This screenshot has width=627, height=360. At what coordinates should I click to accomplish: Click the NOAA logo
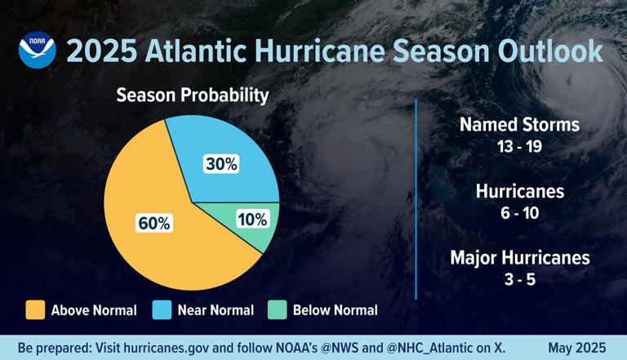[38, 50]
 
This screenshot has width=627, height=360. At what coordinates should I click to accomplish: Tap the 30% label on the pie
[220, 163]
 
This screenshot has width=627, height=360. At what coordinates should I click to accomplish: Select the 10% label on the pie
[252, 219]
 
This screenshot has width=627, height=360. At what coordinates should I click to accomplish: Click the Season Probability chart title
[192, 96]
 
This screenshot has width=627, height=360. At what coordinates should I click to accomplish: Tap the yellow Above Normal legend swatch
[35, 310]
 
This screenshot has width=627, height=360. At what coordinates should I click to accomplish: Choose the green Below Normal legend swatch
[278, 310]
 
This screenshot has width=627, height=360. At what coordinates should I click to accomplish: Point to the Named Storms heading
[519, 125]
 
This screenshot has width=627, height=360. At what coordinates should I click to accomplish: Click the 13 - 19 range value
[519, 147]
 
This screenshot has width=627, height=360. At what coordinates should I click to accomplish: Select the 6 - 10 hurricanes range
[519, 214]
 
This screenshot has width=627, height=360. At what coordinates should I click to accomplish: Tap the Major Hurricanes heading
[519, 258]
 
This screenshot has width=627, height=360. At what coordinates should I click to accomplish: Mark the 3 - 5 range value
[519, 280]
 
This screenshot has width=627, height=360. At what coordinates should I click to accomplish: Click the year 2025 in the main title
[101, 51]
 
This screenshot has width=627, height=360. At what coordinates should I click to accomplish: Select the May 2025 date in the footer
[577, 348]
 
